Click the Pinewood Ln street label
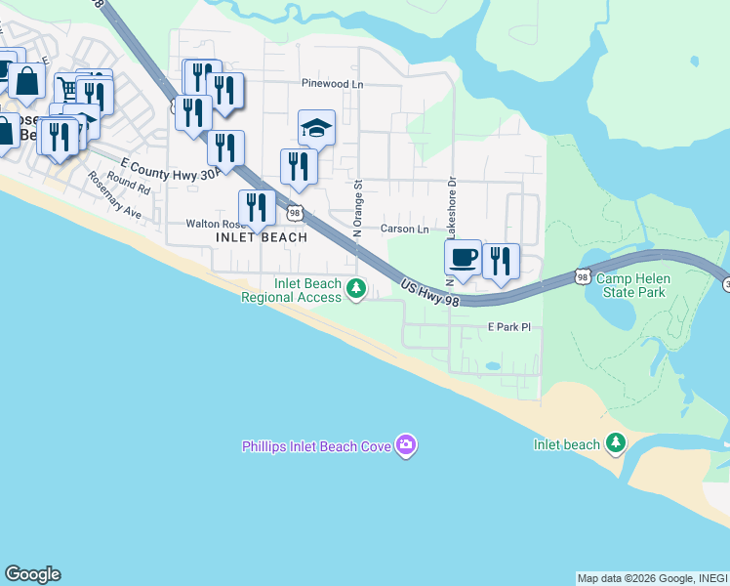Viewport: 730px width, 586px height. (x=332, y=84)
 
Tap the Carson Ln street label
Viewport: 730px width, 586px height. (x=405, y=230)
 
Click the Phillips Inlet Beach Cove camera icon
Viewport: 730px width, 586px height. (x=407, y=446)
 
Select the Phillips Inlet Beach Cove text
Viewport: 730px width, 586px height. (x=317, y=446)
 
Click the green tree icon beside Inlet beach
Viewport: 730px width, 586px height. (x=615, y=444)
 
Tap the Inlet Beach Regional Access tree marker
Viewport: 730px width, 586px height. (x=357, y=288)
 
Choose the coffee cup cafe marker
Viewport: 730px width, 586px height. (x=463, y=258)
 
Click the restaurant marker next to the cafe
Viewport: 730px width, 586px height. (x=501, y=261)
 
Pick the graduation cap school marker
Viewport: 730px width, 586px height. (x=316, y=128)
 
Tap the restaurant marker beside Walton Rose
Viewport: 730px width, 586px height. (x=257, y=208)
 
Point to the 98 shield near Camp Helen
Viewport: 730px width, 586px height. (x=583, y=277)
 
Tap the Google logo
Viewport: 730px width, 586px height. (x=32, y=574)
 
